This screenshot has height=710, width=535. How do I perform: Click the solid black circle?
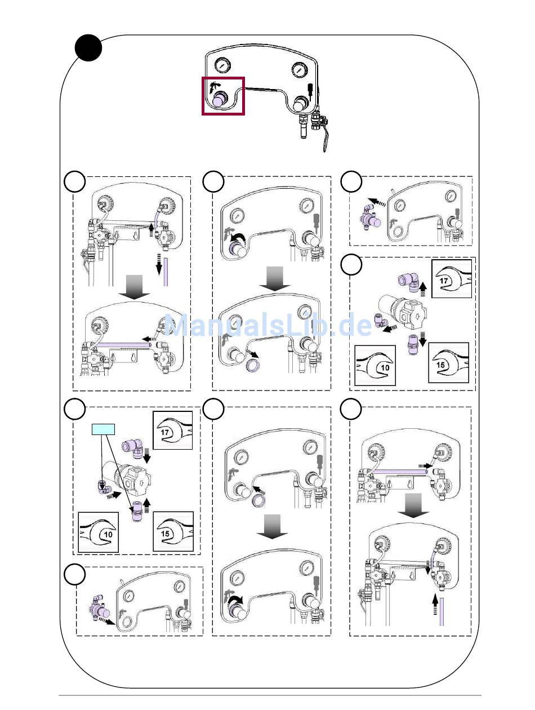[89, 48]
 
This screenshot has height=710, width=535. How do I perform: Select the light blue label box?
[103, 429]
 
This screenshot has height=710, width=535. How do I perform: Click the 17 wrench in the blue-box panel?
[173, 430]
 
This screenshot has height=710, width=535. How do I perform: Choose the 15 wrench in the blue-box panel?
[173, 531]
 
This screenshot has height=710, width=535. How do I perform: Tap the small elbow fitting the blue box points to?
[103, 487]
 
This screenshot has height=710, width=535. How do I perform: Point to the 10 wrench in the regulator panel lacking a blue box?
[374, 366]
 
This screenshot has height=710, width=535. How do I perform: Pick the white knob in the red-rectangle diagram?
[299, 104]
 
